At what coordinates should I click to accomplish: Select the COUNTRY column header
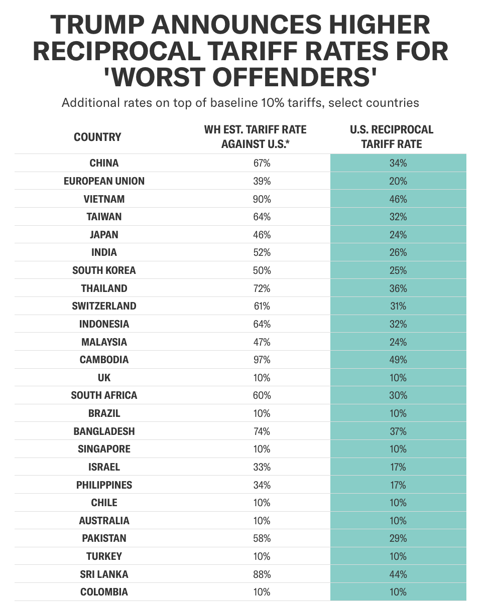tap(97, 137)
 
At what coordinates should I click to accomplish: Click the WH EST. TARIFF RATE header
tap(255, 137)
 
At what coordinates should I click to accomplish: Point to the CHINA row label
tap(104, 163)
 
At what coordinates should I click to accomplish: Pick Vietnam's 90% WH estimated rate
tap(262, 199)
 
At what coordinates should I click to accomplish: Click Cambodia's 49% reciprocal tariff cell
tap(398, 360)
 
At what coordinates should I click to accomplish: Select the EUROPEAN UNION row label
tap(104, 181)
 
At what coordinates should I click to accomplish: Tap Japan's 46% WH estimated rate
tap(262, 235)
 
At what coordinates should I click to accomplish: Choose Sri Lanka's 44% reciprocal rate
tap(398, 574)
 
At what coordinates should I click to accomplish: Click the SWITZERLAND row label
tap(104, 306)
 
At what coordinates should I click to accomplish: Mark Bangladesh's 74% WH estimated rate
tap(262, 431)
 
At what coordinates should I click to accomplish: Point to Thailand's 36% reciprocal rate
tap(398, 288)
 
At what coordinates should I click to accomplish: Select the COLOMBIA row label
tap(104, 592)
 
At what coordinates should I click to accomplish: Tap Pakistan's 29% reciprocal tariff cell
tap(398, 538)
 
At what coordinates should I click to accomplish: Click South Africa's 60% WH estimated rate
tap(262, 395)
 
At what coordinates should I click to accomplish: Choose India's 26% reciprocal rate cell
tap(398, 252)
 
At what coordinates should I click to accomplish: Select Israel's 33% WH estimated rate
tap(262, 467)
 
